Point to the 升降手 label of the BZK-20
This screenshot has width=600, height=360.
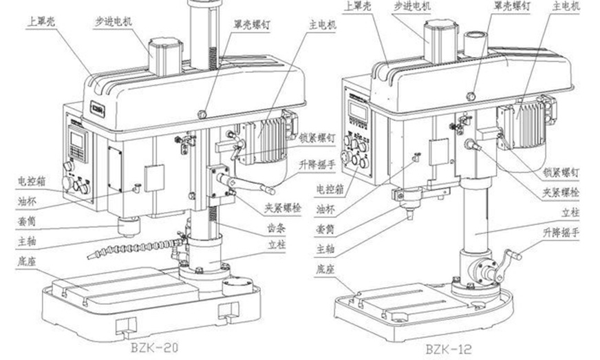(x=317, y=164)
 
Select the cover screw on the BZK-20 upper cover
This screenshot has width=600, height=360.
(x=202, y=113)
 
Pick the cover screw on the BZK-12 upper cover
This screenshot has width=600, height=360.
(x=471, y=96)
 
